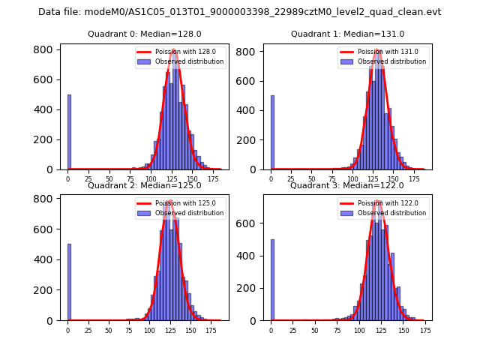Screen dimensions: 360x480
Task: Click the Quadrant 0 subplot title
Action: (x=144, y=34)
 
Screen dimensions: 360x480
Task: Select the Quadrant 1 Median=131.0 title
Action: (x=347, y=34)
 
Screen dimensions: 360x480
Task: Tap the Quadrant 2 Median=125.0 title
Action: (x=144, y=185)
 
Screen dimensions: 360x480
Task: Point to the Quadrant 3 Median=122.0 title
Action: (x=347, y=185)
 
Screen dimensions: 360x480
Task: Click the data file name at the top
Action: (x=239, y=12)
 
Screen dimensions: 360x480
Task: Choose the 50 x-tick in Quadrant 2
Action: (x=109, y=330)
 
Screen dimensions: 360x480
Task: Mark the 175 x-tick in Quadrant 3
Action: (x=425, y=330)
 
